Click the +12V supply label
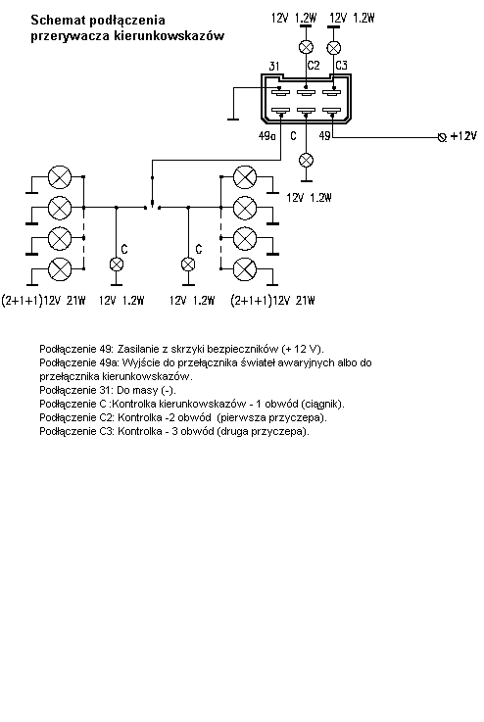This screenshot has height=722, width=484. pos(463,136)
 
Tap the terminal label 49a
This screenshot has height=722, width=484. pos(266,136)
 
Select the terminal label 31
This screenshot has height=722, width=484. pos(274,67)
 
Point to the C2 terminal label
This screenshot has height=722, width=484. pos(314,66)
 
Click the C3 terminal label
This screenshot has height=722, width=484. pos(341,66)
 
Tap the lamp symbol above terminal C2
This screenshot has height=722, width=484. pos(307,47)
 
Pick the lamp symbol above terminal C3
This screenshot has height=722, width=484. pos(333,48)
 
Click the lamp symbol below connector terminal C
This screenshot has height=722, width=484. pos(307,161)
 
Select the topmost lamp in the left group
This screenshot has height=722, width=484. pos(60,177)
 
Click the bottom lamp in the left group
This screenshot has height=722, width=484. pos(60,268)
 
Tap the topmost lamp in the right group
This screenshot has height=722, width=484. pos(245,177)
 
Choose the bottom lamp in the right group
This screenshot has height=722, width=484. pos(245,269)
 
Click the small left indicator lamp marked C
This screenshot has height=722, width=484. pos(117,265)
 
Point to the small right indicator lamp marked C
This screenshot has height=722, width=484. pos(188,265)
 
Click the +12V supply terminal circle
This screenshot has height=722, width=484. pos(442,137)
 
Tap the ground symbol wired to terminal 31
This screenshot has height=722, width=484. pos(233,120)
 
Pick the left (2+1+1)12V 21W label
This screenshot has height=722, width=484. pos(44,301)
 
